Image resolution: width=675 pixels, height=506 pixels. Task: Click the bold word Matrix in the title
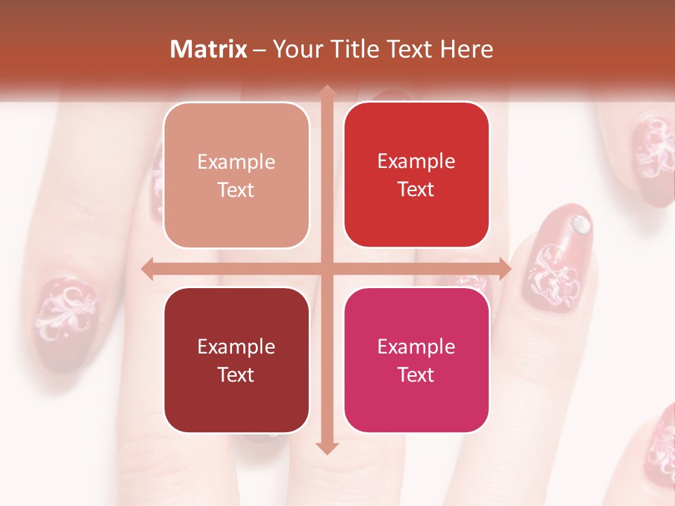click(x=209, y=49)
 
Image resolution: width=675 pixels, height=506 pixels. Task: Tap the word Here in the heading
click(x=466, y=49)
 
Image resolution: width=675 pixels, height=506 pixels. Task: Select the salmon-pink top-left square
click(x=236, y=175)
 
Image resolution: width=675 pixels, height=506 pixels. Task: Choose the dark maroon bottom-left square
click(x=236, y=360)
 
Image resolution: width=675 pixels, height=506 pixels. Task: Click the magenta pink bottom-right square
click(x=416, y=360)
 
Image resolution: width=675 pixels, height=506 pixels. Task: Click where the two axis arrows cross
click(x=326, y=269)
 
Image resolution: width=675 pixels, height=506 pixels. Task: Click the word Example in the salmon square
click(x=236, y=162)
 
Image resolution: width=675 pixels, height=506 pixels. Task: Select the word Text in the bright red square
click(x=416, y=189)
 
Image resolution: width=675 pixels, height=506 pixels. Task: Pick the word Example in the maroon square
click(x=236, y=346)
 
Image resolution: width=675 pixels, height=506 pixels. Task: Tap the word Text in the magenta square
click(x=416, y=375)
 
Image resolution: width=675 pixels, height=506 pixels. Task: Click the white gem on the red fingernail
click(x=580, y=224)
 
